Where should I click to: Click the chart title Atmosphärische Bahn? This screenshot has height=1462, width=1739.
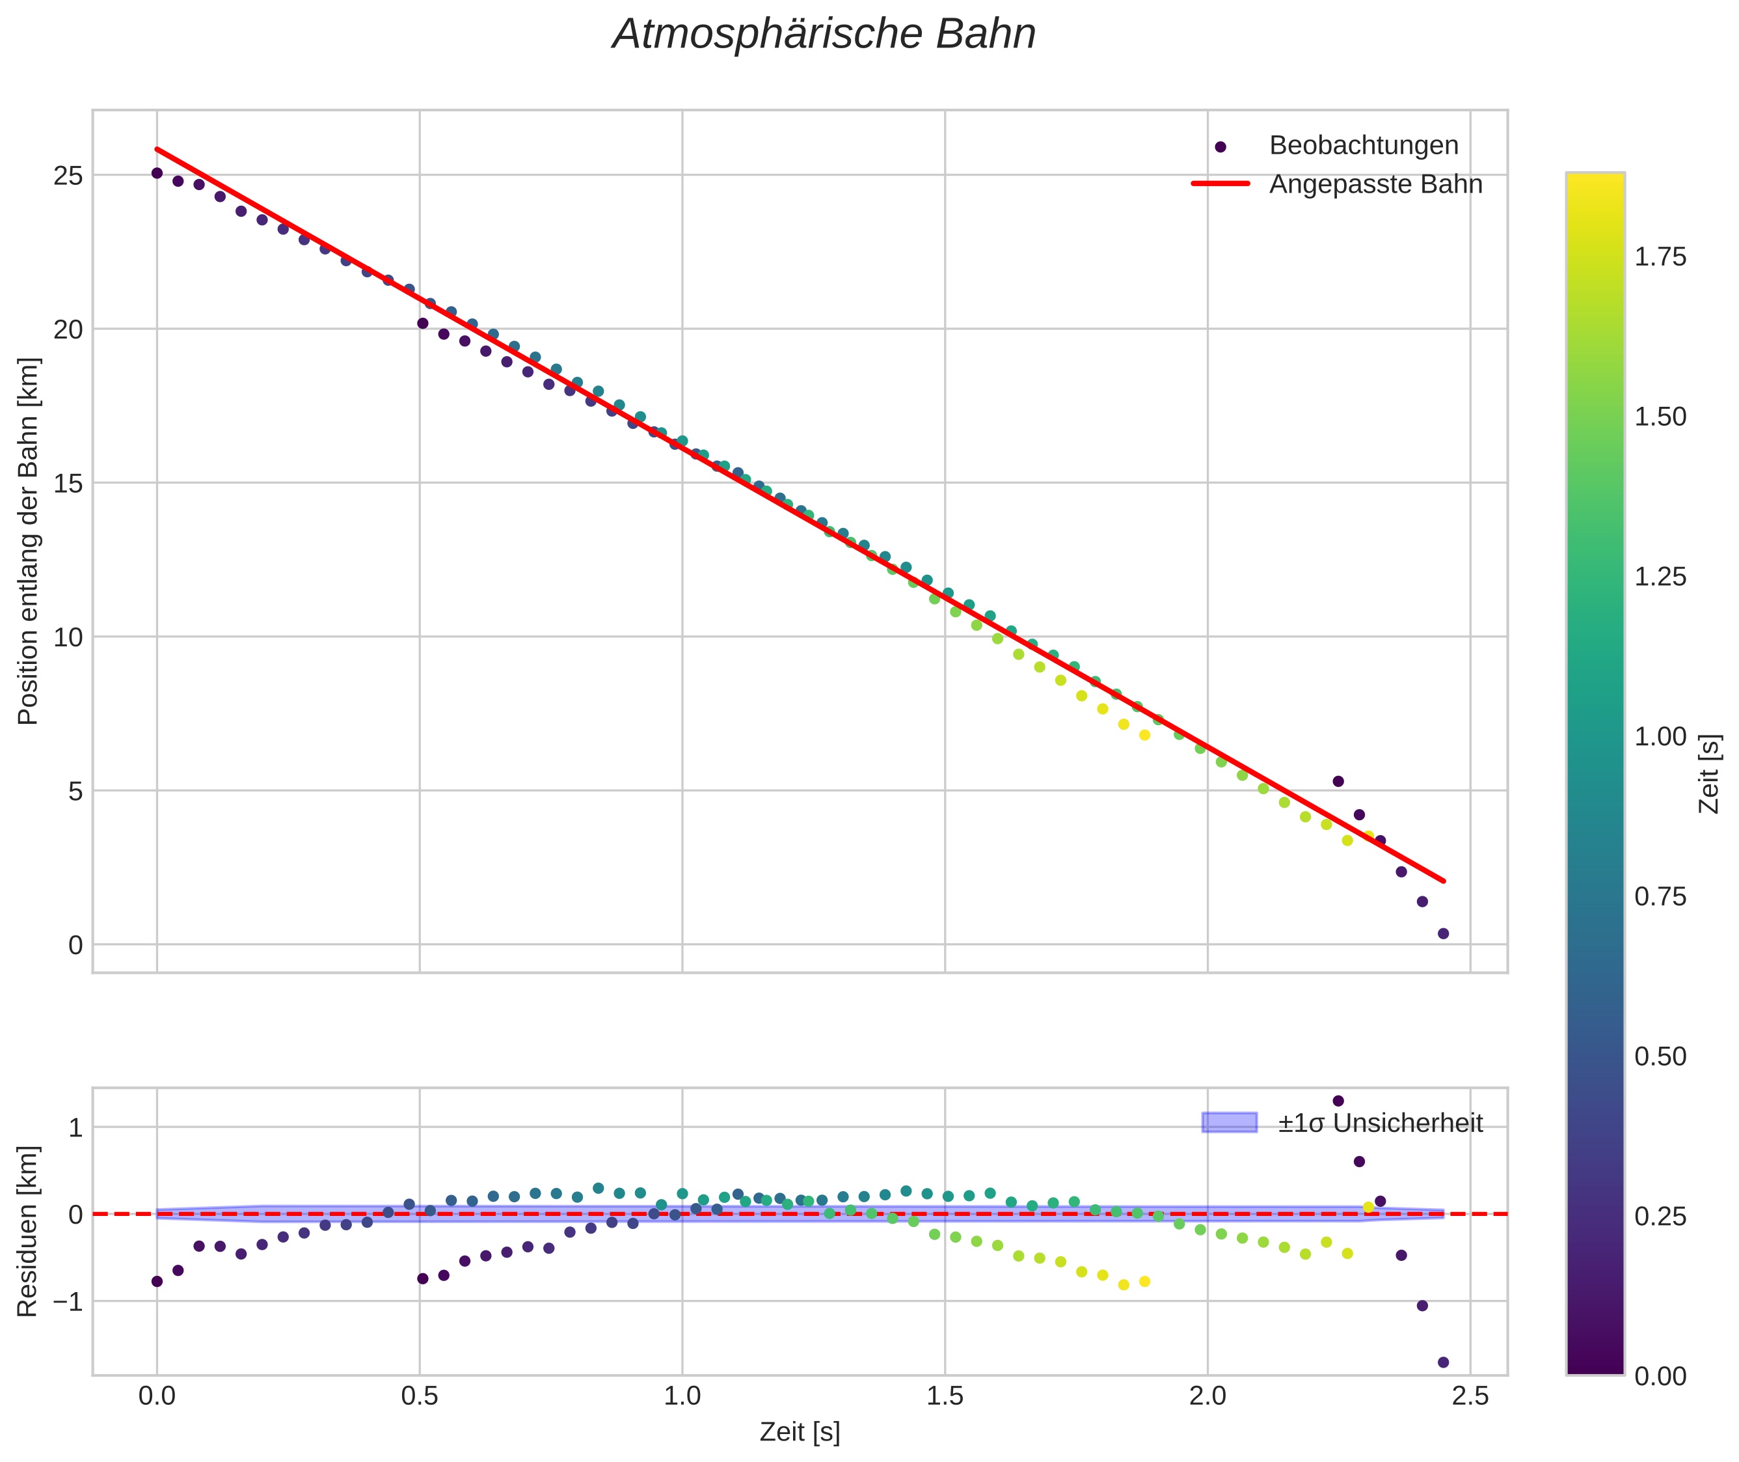pyautogui.click(x=824, y=34)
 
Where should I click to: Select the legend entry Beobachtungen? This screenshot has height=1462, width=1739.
pyautogui.click(x=1363, y=146)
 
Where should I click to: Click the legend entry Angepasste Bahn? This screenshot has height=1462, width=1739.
pyautogui.click(x=1375, y=184)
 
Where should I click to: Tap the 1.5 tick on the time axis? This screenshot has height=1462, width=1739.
pyautogui.click(x=945, y=1396)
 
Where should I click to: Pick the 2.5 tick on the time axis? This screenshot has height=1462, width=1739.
pyautogui.click(x=1470, y=1396)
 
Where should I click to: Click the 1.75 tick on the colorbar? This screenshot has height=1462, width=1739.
pyautogui.click(x=1660, y=257)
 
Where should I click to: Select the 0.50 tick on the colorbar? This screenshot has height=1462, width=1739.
pyautogui.click(x=1660, y=1056)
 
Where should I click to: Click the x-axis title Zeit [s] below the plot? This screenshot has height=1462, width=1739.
pyautogui.click(x=800, y=1432)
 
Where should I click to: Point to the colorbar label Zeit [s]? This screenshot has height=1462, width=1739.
pyautogui.click(x=1709, y=773)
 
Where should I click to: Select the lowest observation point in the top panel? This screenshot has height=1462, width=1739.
pyautogui.click(x=1443, y=934)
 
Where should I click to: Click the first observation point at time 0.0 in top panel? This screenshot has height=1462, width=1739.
pyautogui.click(x=157, y=173)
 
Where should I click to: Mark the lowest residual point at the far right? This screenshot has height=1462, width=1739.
pyautogui.click(x=1443, y=1362)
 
